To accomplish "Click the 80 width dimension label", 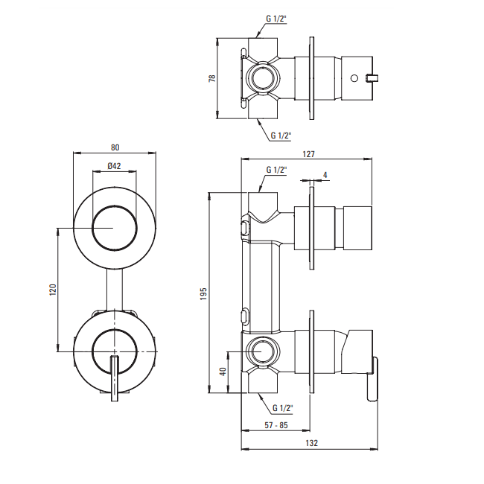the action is point(115,147).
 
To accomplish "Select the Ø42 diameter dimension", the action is point(114,166).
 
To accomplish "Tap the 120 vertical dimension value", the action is point(53,290).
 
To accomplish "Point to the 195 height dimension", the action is point(203,294).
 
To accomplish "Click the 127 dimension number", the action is point(308,154).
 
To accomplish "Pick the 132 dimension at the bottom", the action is point(311,443).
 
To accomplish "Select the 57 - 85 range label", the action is point(276,425).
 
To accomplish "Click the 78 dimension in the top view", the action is point(212,78).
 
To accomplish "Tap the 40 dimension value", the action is point(223,372).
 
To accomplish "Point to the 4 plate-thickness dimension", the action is point(325,175).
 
